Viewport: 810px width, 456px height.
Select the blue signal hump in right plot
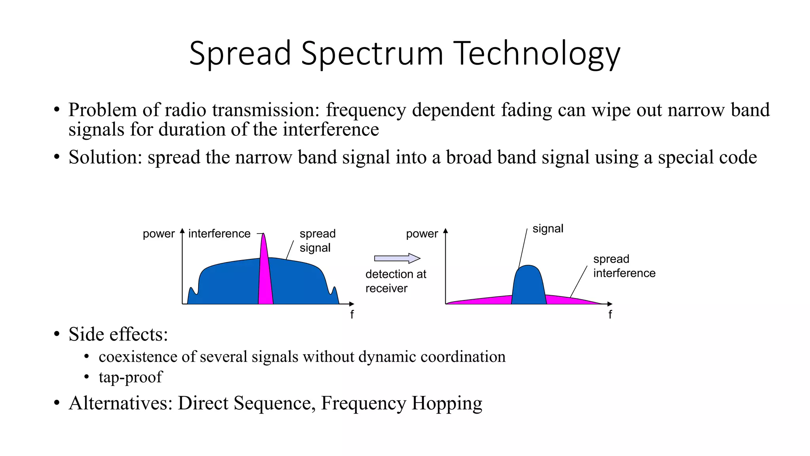pyautogui.click(x=529, y=287)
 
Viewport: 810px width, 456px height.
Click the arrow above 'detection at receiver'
pyautogui.click(x=397, y=258)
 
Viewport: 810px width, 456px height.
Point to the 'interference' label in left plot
pyautogui.click(x=219, y=234)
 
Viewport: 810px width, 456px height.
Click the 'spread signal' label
pyautogui.click(x=317, y=241)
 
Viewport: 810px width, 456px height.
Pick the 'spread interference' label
pyautogui.click(x=624, y=266)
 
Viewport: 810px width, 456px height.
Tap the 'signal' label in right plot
pyautogui.click(x=548, y=229)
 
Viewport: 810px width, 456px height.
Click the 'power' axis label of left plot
pyautogui.click(x=159, y=234)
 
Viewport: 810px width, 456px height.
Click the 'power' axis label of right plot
pyautogui.click(x=422, y=234)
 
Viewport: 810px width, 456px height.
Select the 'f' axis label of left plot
pyautogui.click(x=352, y=315)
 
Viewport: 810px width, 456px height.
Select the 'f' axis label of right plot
pyautogui.click(x=610, y=315)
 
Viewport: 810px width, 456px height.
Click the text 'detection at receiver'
pyautogui.click(x=395, y=281)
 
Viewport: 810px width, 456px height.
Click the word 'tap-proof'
pyautogui.click(x=131, y=377)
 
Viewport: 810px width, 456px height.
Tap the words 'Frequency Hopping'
pyautogui.click(x=401, y=403)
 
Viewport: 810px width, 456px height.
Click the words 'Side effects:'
pyautogui.click(x=118, y=334)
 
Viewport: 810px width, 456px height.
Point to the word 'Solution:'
pyautogui.click(x=105, y=157)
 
